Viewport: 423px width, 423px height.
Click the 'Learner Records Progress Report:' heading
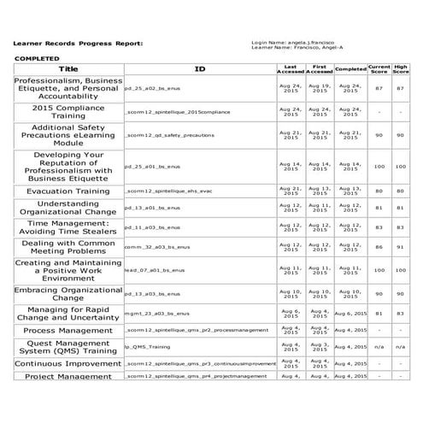[x=78, y=42]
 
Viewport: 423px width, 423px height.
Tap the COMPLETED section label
[x=38, y=58]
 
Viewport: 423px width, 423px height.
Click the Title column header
[x=68, y=68]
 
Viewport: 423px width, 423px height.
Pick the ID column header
[x=199, y=68]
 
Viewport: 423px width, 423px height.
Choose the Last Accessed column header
[x=290, y=68]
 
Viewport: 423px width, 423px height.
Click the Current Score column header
[x=379, y=68]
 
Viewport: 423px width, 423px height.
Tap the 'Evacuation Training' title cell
[x=68, y=191]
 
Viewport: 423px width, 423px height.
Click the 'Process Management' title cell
[x=68, y=330]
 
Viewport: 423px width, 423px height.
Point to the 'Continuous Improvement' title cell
[x=68, y=363]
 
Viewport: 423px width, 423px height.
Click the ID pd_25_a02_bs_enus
[x=154, y=89]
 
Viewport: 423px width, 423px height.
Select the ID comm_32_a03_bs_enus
[x=156, y=246]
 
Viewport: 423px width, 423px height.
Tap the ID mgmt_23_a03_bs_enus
[x=156, y=314]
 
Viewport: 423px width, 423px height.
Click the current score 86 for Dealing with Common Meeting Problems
[x=379, y=246]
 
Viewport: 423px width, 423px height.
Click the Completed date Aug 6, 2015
[x=350, y=314]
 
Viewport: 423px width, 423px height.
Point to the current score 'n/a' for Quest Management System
[x=379, y=346]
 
